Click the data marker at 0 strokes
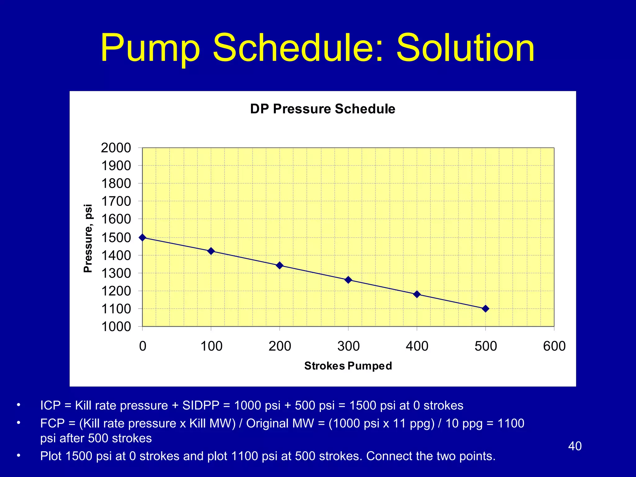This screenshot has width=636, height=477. coord(143,238)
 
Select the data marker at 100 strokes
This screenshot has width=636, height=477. coord(211,251)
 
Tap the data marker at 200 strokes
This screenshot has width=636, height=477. coord(279,265)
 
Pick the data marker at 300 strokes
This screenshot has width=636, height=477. coord(348,280)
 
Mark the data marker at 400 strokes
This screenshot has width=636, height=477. coord(417,294)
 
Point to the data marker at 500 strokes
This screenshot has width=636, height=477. coord(486,309)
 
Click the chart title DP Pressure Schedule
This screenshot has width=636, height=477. coord(323,109)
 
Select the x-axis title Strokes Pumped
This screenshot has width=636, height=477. coord(348,366)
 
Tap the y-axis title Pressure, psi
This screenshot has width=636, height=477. coord(88,238)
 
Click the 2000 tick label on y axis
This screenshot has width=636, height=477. coord(116,148)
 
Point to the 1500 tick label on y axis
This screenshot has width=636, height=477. coord(116,238)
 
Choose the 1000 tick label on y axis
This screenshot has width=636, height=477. coord(116,327)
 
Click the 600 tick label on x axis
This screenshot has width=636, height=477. coord(554,346)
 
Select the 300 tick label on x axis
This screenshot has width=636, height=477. coord(348,346)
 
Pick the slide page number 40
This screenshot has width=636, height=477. coord(575,446)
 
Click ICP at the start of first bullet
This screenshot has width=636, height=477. coord(50,406)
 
